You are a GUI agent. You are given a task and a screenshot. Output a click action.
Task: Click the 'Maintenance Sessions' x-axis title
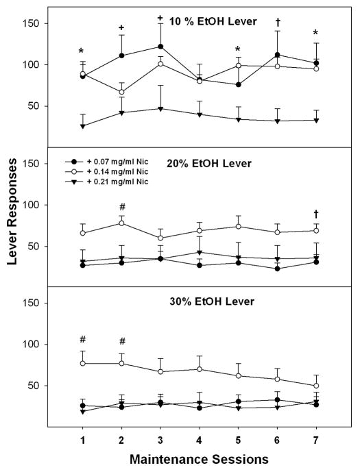click(200, 458)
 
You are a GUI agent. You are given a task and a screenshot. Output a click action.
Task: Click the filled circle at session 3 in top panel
click(160, 47)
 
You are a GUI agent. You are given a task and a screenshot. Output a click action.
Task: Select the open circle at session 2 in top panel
click(121, 92)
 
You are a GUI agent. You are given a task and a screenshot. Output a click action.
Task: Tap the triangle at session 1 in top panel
click(82, 126)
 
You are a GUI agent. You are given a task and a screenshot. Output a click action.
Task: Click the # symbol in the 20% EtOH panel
click(121, 207)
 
